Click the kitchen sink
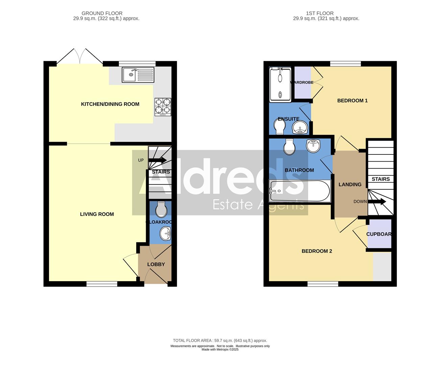[x=138, y=75]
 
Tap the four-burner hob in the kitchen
[x=163, y=107]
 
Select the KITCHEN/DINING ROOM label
[x=110, y=104]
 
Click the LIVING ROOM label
[x=97, y=214]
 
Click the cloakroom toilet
[x=161, y=210]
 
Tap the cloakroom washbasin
[x=165, y=233]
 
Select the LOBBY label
[x=156, y=264]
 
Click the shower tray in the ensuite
[x=280, y=84]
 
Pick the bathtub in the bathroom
[x=299, y=191]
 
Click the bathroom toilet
[x=290, y=147]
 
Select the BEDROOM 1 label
[x=352, y=100]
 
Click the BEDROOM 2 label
[x=317, y=251]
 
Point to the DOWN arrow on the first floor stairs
[x=377, y=202]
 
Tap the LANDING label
[x=350, y=185]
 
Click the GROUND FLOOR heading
[x=106, y=14]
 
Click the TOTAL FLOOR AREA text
[x=220, y=341]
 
